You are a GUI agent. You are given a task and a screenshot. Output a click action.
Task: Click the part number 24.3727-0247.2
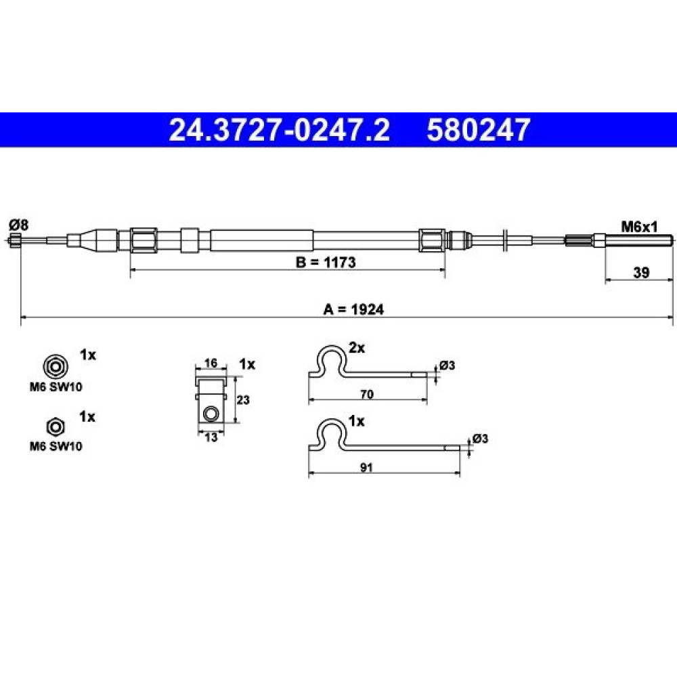280,130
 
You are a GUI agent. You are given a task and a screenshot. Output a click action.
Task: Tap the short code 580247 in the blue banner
479,130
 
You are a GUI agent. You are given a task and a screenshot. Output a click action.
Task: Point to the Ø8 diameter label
18,225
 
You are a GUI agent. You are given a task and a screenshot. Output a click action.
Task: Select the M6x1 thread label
639,226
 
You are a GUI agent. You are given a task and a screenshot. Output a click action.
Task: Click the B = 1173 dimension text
326,262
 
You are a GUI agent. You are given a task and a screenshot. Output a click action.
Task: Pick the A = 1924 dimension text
353,309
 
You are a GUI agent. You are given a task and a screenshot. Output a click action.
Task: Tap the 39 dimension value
641,272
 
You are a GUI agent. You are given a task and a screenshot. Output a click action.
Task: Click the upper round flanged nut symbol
55,366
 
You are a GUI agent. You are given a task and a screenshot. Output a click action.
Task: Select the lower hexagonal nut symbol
56,427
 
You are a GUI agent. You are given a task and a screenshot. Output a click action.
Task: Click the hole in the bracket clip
211,414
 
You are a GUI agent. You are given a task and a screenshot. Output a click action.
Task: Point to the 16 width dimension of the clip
211,363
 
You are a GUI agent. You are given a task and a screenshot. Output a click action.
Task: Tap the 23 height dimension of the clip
242,400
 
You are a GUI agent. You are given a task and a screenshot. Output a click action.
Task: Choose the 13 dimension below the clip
211,437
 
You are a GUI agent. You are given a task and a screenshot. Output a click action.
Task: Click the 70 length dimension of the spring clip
366,394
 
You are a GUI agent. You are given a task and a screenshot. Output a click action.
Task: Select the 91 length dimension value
366,467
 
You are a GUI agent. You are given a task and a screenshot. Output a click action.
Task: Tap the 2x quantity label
357,347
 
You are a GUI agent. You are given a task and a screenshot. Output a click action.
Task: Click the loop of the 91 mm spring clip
331,432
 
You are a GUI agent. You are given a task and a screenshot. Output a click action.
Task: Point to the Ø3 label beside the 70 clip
447,366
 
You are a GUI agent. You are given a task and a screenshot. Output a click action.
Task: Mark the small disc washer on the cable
506,239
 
